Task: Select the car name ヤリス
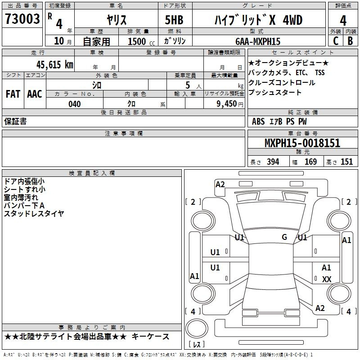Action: (x=117, y=20)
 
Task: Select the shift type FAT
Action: (x=13, y=94)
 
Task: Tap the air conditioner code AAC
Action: (x=35, y=94)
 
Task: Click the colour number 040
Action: (x=74, y=104)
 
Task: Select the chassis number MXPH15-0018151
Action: (x=302, y=144)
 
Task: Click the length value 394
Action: (x=273, y=162)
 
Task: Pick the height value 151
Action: (x=346, y=162)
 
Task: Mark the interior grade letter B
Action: (x=350, y=41)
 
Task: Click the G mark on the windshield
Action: (x=284, y=237)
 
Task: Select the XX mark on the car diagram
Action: (x=327, y=279)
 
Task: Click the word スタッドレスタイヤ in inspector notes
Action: (x=34, y=213)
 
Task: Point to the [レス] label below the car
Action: (x=197, y=345)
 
